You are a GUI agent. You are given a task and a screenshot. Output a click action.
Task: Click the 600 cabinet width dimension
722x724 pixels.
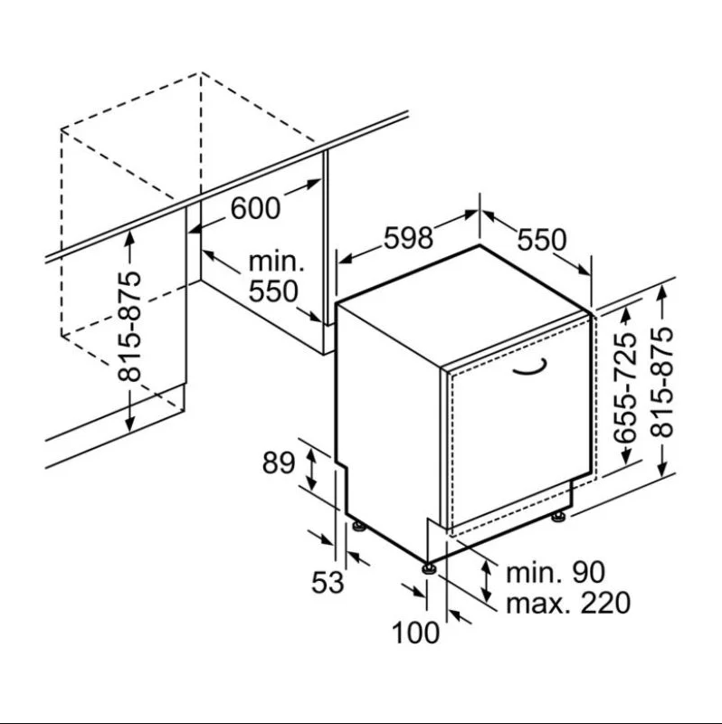[256, 208]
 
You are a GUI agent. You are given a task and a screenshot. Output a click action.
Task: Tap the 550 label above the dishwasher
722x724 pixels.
[541, 240]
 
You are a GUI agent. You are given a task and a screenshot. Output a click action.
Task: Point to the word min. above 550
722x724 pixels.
[276, 262]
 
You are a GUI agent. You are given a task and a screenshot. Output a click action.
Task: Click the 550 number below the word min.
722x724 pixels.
[272, 291]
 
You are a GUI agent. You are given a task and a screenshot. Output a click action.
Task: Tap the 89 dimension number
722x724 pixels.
[279, 462]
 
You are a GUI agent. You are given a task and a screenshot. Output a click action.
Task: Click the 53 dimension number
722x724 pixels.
[328, 582]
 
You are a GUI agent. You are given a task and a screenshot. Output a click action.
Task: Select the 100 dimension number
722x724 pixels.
[416, 633]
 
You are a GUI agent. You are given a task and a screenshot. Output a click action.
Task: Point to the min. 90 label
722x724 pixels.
[555, 571]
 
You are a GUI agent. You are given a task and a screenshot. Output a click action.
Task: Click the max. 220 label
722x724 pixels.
[567, 603]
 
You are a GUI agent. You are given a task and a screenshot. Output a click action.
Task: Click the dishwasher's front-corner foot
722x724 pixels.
[429, 567]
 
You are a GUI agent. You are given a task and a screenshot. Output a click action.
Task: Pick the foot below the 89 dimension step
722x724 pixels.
[358, 524]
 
